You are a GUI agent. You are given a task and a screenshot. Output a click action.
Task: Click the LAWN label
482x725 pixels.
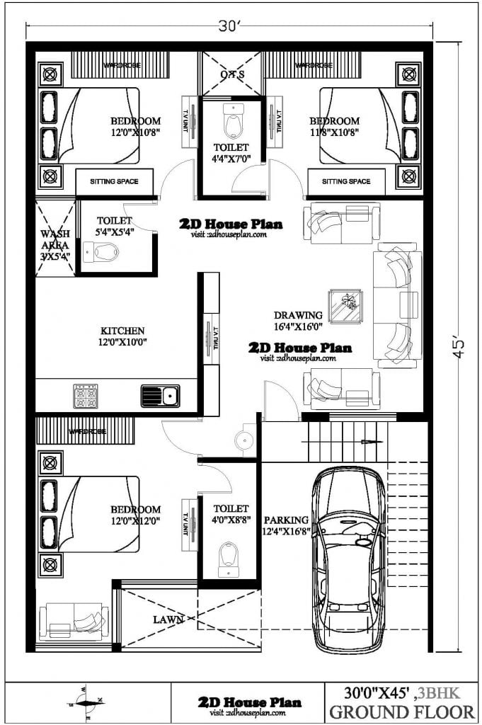tap(168, 620)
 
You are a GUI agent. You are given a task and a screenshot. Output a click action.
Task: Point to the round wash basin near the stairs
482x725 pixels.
tap(244, 439)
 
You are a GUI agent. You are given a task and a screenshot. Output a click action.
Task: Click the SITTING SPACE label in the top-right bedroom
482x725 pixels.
tap(346, 182)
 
